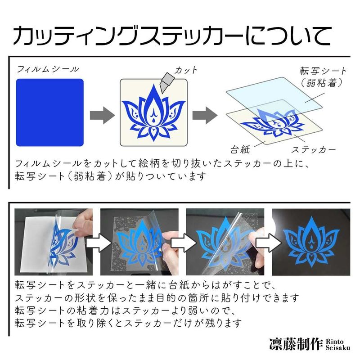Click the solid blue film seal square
(x=50, y=112)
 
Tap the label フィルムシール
(x=48, y=69)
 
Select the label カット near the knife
(x=186, y=70)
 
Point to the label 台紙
(x=240, y=150)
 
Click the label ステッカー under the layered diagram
(x=314, y=150)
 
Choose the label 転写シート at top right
(x=323, y=71)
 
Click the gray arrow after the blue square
(x=103, y=115)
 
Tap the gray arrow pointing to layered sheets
(x=205, y=115)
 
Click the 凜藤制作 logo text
(x=297, y=344)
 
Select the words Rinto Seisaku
(x=338, y=344)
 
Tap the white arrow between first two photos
(x=98, y=243)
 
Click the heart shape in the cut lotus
(x=153, y=132)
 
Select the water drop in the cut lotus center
(x=153, y=120)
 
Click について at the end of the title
(x=288, y=36)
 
